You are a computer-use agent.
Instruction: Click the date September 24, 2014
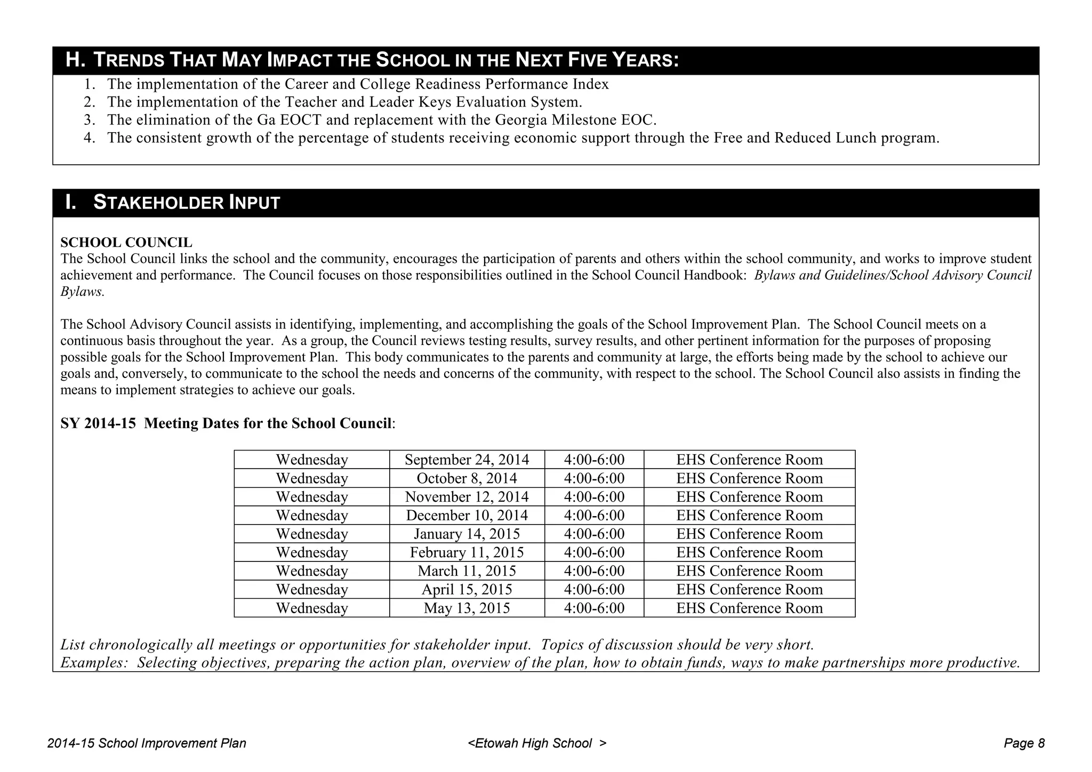[467, 460]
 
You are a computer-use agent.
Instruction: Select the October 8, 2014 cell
[467, 478]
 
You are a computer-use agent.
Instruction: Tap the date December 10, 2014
[467, 516]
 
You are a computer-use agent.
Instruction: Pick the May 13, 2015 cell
[467, 608]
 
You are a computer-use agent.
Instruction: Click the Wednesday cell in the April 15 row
[312, 590]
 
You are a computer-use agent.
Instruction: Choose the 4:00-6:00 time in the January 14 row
[594, 534]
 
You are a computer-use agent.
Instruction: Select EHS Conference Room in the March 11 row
[749, 571]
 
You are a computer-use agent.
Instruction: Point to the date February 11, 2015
[467, 552]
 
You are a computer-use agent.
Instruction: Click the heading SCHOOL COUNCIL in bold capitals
[126, 243]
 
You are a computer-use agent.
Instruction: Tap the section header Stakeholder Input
[186, 203]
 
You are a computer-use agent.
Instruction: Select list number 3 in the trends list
[89, 120]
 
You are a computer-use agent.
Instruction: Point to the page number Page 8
[1024, 743]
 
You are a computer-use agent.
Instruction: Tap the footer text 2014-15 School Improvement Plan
[147, 743]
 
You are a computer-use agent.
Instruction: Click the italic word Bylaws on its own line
[82, 292]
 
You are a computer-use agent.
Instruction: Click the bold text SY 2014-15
[98, 424]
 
